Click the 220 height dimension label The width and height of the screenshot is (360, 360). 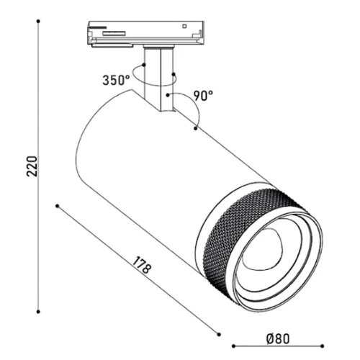[32, 166]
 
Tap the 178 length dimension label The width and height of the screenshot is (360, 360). [142, 265]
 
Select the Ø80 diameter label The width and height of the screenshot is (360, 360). [278, 339]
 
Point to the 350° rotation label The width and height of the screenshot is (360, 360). [116, 80]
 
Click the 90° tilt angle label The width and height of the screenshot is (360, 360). [203, 96]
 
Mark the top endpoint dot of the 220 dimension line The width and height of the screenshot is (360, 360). [38, 22]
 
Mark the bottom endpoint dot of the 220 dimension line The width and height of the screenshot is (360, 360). [38, 312]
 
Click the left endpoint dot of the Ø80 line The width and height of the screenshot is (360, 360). [233, 346]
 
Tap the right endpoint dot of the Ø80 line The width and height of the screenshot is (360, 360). [323, 346]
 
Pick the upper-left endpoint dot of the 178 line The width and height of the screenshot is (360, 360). [57, 206]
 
